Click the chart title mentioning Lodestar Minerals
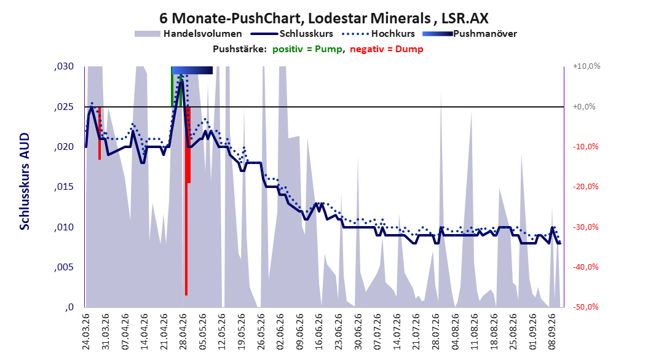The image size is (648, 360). [324, 18]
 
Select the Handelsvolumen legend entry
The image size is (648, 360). [188, 34]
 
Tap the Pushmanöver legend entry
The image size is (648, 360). [470, 34]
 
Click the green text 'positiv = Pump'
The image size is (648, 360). [307, 49]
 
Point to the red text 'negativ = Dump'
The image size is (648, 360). [387, 49]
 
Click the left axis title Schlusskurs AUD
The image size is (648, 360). [25, 181]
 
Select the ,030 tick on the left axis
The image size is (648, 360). [64, 66]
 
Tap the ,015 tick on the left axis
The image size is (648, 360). [64, 187]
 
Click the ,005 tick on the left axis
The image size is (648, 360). [64, 267]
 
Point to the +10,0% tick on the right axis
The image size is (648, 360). [587, 66]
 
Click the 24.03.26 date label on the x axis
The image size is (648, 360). [86, 332]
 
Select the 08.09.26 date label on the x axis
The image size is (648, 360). [551, 332]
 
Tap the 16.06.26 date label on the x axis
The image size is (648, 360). [318, 332]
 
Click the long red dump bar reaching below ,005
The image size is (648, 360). [186, 201]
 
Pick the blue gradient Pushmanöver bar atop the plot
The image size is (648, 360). [192, 70]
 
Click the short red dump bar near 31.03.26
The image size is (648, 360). [100, 133]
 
